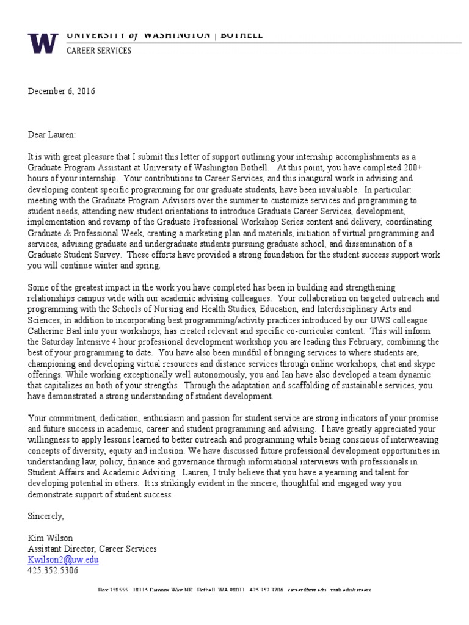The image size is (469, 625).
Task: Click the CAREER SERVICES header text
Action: tap(98, 51)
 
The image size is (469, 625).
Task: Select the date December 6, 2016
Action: tap(62, 92)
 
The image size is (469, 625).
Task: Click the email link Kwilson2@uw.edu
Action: tap(63, 559)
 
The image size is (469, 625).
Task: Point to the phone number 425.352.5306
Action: tap(53, 570)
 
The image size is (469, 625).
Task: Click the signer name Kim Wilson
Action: tap(49, 538)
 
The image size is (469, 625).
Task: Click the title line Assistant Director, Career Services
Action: tap(92, 549)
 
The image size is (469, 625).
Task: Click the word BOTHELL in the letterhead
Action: tap(242, 35)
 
